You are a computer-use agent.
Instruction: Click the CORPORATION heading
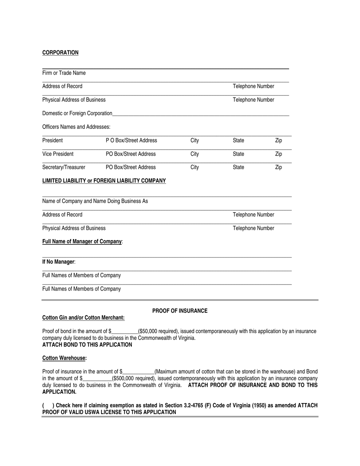tap(60, 53)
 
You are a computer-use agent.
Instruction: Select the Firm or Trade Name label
tap(64, 73)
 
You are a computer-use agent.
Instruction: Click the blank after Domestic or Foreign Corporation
tap(201, 113)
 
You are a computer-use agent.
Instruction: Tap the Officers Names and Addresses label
tap(76, 127)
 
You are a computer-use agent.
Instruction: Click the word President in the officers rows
tap(52, 141)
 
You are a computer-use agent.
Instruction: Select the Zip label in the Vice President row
tap(278, 154)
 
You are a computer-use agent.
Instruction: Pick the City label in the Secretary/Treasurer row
tap(194, 167)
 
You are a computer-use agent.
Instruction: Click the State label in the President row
tap(238, 141)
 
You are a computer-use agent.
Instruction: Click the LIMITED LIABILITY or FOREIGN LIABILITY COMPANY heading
tap(104, 181)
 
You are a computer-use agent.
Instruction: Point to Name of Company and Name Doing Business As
tap(95, 201)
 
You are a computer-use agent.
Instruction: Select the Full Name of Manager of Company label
tap(82, 242)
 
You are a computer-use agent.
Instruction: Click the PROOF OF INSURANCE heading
tap(180, 311)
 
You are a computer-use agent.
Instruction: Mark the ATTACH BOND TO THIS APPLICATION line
tap(87, 345)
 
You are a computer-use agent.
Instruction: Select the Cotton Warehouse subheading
tap(64, 358)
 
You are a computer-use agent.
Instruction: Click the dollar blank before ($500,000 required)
tap(97, 378)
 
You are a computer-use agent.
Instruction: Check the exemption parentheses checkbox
tap(47, 406)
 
